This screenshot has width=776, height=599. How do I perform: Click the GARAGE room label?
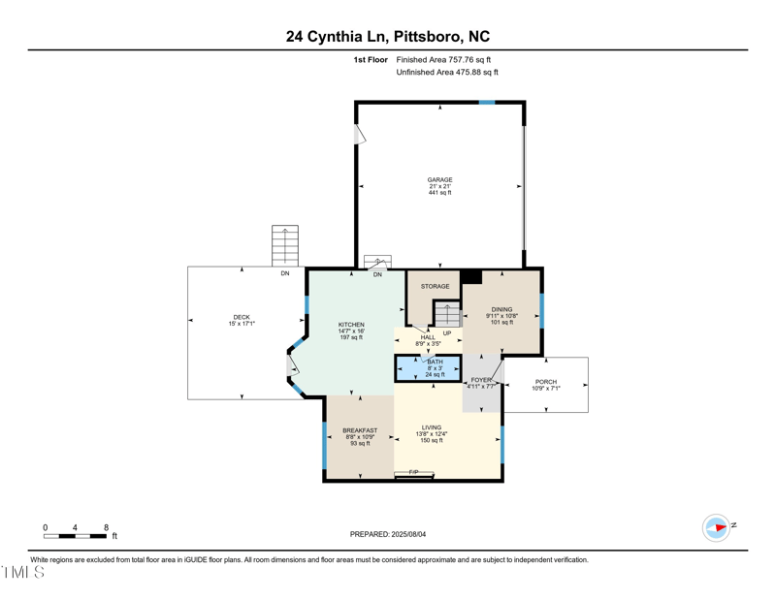(439, 180)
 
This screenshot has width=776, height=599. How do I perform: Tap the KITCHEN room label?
(351, 325)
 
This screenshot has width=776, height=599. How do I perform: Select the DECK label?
(241, 317)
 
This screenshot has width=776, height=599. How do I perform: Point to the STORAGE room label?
(435, 287)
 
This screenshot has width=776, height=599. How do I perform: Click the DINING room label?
(501, 310)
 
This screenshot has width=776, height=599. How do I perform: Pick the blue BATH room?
(428, 368)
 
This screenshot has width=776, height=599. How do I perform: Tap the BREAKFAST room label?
(360, 430)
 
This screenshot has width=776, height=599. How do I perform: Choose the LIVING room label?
(432, 427)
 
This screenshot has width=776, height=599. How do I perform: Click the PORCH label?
(546, 382)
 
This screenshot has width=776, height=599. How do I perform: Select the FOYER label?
(481, 380)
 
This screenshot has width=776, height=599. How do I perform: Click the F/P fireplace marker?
(414, 472)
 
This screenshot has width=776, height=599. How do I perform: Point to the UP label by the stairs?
(447, 333)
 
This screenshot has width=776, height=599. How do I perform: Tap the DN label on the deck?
(285, 274)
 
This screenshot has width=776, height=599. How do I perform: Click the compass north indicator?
(717, 527)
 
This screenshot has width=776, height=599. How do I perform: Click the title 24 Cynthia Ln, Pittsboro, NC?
(388, 37)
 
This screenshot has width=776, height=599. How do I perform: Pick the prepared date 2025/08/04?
(388, 534)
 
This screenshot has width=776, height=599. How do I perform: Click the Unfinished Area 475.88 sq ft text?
(447, 73)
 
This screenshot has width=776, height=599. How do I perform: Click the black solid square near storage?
(471, 276)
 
